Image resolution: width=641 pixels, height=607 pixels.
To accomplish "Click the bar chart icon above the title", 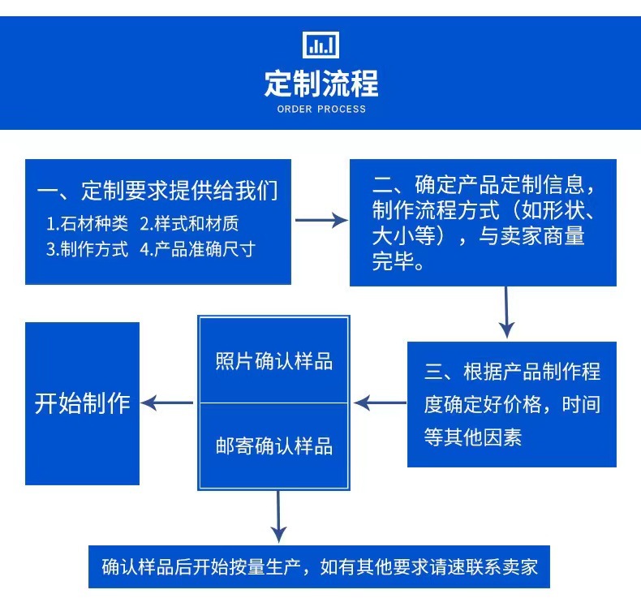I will click(320, 45).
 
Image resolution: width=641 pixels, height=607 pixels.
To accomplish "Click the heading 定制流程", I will click(320, 83).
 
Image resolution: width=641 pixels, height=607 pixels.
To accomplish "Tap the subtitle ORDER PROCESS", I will click(321, 109).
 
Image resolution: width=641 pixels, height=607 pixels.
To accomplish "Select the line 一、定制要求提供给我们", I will click(158, 192).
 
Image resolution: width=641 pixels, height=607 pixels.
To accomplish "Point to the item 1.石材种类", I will click(86, 223).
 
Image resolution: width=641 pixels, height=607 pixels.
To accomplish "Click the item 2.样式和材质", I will click(189, 223).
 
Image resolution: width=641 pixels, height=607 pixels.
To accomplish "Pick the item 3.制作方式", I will click(87, 249).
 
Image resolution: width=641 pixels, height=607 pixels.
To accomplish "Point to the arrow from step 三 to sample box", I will click(380, 402).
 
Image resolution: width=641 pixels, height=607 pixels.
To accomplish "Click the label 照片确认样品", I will click(274, 361).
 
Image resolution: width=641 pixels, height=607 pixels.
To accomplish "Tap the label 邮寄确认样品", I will click(274, 446).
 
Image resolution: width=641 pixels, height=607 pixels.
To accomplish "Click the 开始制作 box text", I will click(82, 403).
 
